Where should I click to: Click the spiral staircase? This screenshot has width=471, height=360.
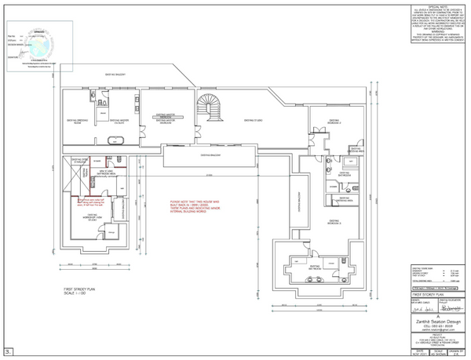point(208,104)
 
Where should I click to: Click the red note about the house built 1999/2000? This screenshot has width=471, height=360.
point(192,206)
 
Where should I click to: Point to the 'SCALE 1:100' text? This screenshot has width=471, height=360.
point(78,295)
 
